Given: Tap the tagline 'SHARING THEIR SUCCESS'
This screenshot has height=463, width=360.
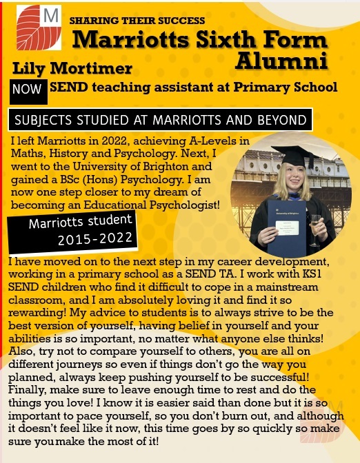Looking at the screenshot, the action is [137, 21].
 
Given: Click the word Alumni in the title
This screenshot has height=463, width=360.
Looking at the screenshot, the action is [281, 61].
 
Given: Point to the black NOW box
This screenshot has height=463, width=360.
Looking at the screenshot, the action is [28, 89].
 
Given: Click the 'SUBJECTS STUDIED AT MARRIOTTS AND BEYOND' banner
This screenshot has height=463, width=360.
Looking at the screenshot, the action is [160, 120].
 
